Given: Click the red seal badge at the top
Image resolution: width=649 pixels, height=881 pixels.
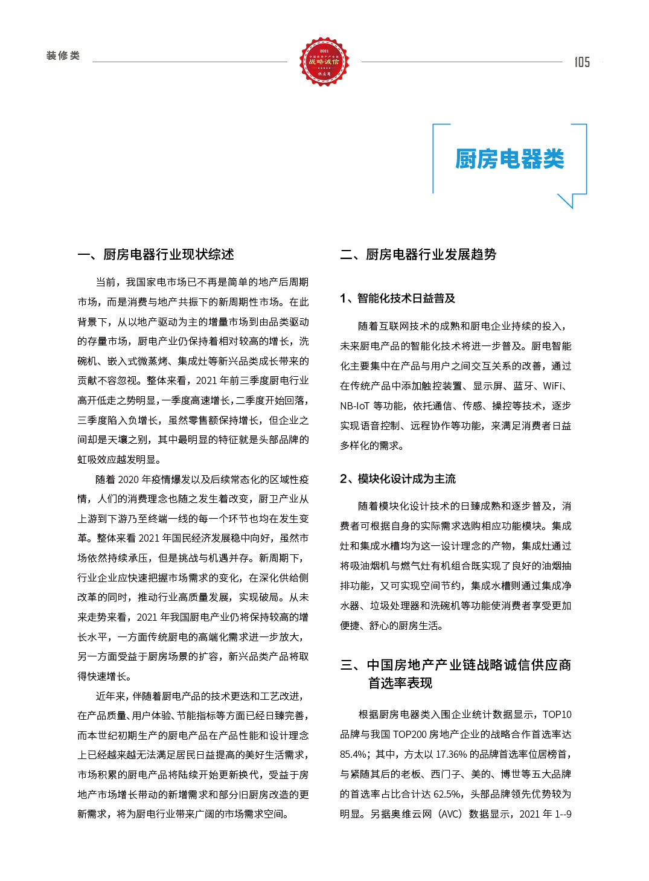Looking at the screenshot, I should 324,62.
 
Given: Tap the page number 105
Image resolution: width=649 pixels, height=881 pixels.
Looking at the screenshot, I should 582,62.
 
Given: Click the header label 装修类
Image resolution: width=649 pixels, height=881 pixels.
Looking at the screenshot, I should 63,56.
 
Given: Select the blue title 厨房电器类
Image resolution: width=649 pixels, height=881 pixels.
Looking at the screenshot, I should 509,159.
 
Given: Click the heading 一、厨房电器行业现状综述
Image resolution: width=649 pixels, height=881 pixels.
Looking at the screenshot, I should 156,254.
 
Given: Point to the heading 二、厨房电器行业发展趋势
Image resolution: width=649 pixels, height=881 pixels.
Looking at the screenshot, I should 418,254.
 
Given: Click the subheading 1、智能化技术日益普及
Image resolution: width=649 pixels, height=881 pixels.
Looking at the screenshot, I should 397,298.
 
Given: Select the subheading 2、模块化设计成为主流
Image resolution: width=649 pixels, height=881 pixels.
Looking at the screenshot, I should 397,479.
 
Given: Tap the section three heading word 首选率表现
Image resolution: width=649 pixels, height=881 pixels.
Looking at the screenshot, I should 400,683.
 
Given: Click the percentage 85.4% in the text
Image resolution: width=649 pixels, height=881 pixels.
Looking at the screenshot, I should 354,754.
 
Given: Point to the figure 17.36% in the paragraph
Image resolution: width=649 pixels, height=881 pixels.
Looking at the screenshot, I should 451,754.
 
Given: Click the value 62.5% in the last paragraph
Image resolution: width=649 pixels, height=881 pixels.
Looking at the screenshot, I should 447,794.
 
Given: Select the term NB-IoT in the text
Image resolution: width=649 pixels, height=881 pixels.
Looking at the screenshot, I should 354,406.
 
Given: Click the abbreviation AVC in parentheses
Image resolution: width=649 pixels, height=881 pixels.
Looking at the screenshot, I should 450,814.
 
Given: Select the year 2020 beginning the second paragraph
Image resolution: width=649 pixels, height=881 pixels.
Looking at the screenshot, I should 128,479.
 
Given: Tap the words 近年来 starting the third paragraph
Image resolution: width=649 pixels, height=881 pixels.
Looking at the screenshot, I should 109,696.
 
